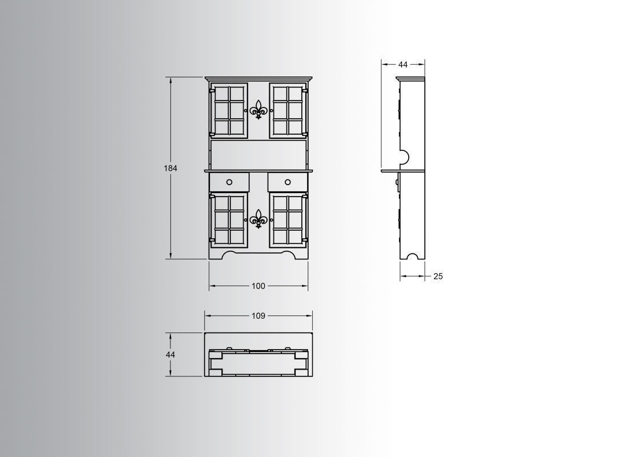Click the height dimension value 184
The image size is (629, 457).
(x=170, y=169)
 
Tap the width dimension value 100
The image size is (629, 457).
(x=258, y=286)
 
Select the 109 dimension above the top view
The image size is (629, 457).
(x=258, y=315)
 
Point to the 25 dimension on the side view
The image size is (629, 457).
(x=438, y=276)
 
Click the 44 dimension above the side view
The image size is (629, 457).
(x=403, y=65)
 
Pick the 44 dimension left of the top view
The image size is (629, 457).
(x=170, y=355)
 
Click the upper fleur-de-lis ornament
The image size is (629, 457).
(x=259, y=110)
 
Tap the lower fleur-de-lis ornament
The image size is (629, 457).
(x=259, y=219)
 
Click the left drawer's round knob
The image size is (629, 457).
(x=229, y=182)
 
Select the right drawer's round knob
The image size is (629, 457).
(x=288, y=182)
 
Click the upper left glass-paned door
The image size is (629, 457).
(x=230, y=110)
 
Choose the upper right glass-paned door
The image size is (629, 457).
(x=288, y=110)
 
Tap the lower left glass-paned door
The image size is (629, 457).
(x=230, y=219)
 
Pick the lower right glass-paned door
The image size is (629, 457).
(x=288, y=219)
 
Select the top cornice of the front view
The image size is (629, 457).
(x=259, y=79)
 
